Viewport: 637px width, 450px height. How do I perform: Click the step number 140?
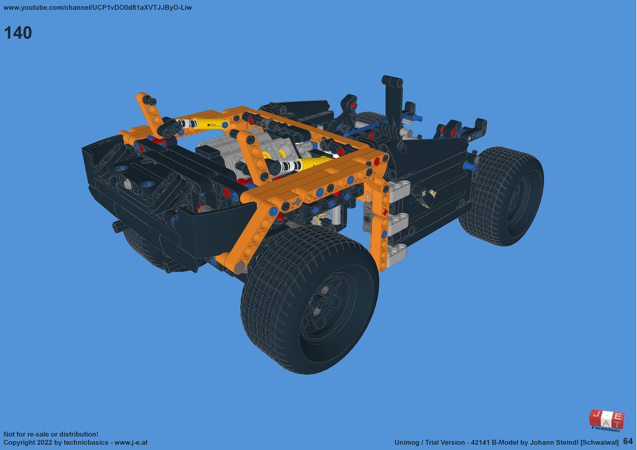pyautogui.click(x=18, y=33)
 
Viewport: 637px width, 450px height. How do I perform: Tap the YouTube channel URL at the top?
pyautogui.click(x=97, y=8)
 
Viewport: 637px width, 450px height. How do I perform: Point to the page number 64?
pyautogui.click(x=628, y=441)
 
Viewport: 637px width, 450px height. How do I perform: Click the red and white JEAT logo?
pyautogui.click(x=606, y=419)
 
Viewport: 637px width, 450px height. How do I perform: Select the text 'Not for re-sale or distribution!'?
pyautogui.click(x=51, y=433)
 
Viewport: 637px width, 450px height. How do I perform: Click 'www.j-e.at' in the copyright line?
pyautogui.click(x=131, y=442)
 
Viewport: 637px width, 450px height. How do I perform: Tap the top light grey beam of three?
pyautogui.click(x=396, y=189)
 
